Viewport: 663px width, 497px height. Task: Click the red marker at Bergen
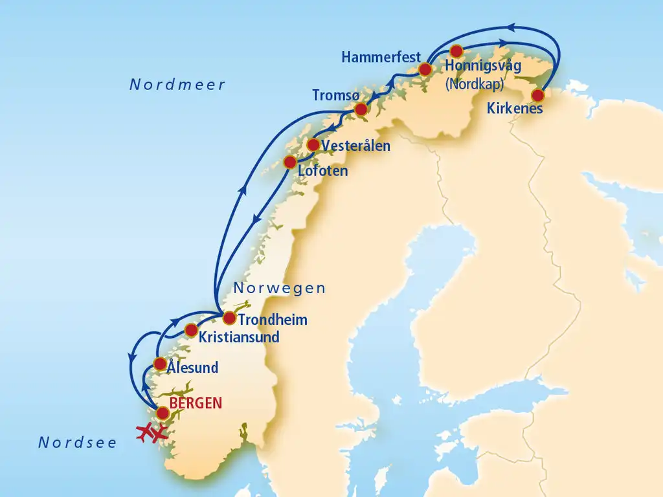point(163,412)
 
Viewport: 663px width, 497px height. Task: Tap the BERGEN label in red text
point(196,403)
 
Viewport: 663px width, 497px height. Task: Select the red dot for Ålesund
point(159,364)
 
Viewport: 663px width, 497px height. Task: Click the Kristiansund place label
point(239,337)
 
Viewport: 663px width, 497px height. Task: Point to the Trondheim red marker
point(229,318)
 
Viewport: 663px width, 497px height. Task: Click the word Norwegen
point(279,289)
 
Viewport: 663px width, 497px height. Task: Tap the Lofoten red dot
point(290,162)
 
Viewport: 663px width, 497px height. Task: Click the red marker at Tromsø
point(361,110)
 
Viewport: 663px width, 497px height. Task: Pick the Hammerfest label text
point(382,57)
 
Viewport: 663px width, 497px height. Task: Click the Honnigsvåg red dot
point(456,50)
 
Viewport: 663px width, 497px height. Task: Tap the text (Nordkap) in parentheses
point(475,83)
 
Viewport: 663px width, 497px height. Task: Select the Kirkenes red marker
point(537,94)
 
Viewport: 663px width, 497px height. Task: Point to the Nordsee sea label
point(78,443)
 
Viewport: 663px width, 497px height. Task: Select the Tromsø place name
point(335,95)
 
